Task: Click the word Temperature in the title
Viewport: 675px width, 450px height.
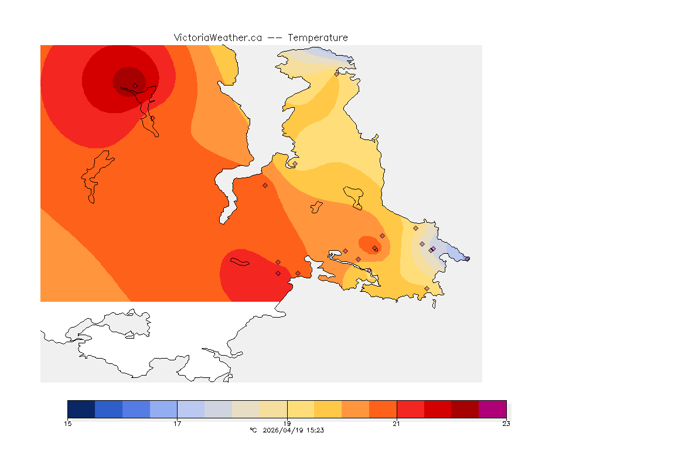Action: pyautogui.click(x=318, y=37)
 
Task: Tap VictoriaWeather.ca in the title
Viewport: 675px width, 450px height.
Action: pyautogui.click(x=217, y=37)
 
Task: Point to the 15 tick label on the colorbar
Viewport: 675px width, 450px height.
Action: pyautogui.click(x=67, y=424)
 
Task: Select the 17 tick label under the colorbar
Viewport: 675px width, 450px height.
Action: pyautogui.click(x=177, y=424)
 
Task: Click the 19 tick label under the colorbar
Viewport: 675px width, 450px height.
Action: pyautogui.click(x=287, y=424)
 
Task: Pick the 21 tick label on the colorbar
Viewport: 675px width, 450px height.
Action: pyautogui.click(x=397, y=424)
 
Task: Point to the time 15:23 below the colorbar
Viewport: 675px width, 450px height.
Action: pyautogui.click(x=315, y=430)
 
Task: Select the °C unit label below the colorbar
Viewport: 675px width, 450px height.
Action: pyautogui.click(x=253, y=430)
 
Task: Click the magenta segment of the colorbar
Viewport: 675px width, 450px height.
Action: pyautogui.click(x=492, y=409)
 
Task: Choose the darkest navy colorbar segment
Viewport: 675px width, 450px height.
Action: pyautogui.click(x=81, y=409)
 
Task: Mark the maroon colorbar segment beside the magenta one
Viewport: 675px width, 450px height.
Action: pyautogui.click(x=465, y=409)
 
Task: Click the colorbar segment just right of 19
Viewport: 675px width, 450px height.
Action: pyautogui.click(x=301, y=409)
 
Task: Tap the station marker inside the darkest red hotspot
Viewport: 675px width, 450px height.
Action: pyautogui.click(x=135, y=86)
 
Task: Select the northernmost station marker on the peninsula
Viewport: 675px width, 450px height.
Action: pyautogui.click(x=337, y=74)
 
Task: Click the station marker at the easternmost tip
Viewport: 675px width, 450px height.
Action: pyautogui.click(x=467, y=258)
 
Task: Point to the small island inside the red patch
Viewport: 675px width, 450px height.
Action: pyautogui.click(x=240, y=261)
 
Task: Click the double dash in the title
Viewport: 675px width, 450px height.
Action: pyautogui.click(x=275, y=37)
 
